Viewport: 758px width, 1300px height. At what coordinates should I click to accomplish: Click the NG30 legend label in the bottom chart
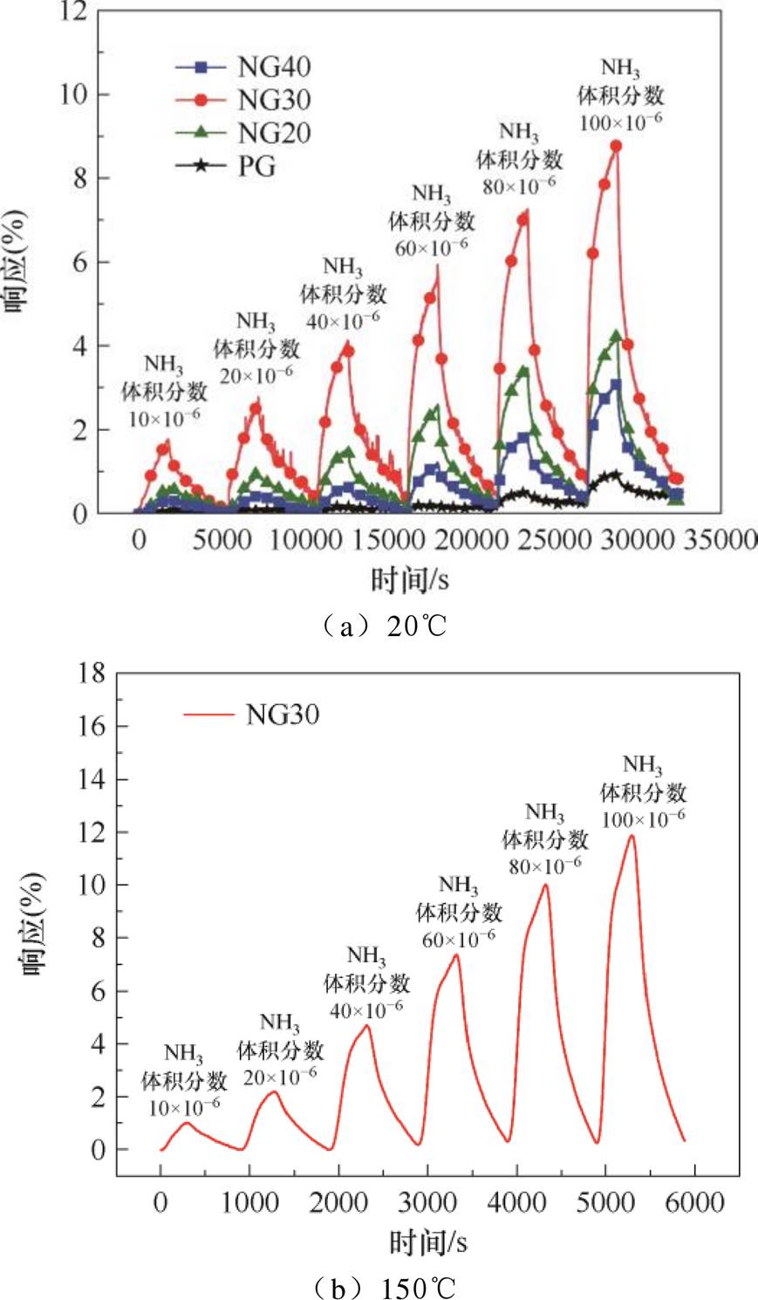(282, 715)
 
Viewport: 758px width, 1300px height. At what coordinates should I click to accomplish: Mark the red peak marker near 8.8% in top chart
(616, 147)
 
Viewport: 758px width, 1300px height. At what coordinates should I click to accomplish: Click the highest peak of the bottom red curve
(631, 836)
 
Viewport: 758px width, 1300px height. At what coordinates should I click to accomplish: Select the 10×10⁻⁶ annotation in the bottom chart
(184, 1105)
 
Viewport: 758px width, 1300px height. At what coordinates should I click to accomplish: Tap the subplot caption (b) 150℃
(393, 1286)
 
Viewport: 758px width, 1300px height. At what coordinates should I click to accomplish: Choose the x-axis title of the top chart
(410, 577)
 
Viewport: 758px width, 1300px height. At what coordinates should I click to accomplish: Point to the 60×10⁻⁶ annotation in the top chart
(431, 246)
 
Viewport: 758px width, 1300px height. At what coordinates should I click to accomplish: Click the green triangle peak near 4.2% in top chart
(616, 336)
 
